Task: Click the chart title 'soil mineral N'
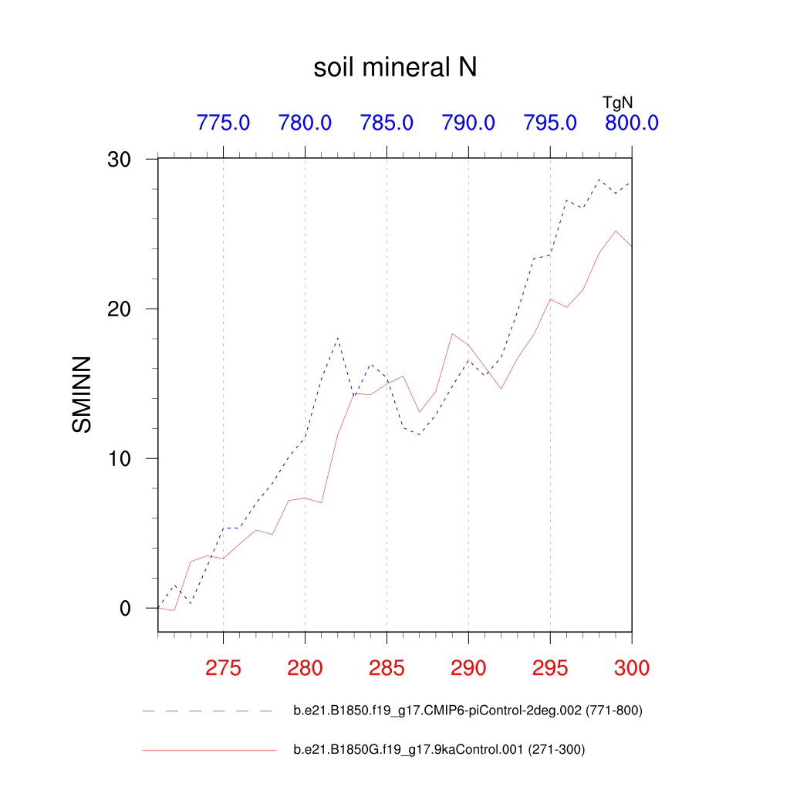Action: pos(395,68)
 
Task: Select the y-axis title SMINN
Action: pos(81,394)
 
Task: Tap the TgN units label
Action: pos(617,101)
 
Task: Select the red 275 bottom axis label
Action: pos(223,668)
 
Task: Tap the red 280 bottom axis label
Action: pos(305,668)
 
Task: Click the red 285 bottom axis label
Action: pos(387,668)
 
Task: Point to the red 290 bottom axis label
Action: pos(468,668)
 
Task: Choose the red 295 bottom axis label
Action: pos(550,668)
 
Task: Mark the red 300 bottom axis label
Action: pos(632,668)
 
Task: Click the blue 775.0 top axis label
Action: pos(223,123)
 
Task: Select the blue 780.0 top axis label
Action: pos(305,123)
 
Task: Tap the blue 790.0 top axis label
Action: pos(468,123)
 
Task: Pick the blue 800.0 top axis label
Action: pos(631,123)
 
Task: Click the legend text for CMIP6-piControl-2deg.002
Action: pos(468,711)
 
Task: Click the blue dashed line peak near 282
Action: pos(338,338)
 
